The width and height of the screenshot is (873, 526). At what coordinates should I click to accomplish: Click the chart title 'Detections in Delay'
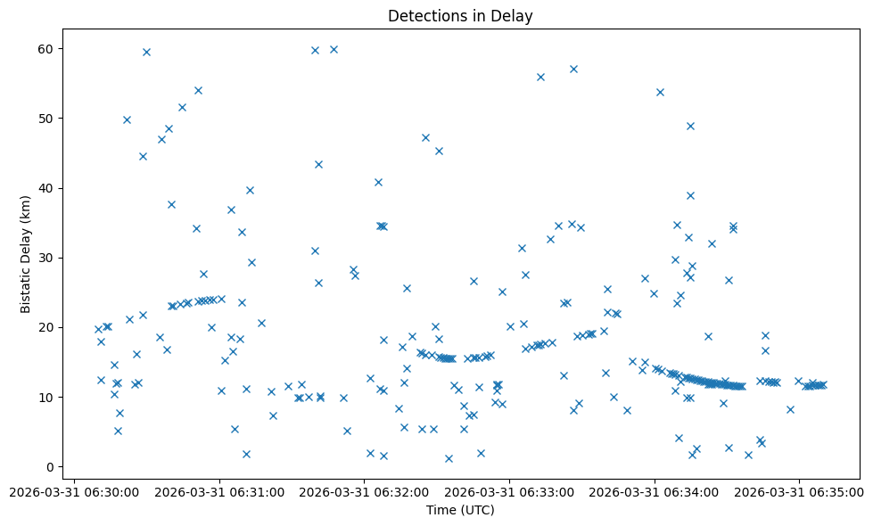pyautogui.click(x=460, y=16)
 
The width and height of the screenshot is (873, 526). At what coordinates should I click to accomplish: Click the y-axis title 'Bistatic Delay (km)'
pyautogui.click(x=26, y=254)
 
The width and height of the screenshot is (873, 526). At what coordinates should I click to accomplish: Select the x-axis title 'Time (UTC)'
pyautogui.click(x=460, y=510)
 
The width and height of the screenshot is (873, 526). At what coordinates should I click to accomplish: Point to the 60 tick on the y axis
pyautogui.click(x=47, y=48)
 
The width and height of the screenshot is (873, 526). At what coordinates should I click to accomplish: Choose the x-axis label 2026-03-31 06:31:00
pyautogui.click(x=221, y=491)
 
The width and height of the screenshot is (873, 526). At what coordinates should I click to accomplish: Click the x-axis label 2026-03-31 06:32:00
pyautogui.click(x=366, y=491)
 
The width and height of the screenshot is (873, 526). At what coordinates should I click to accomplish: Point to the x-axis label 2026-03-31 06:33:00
pyautogui.click(x=510, y=491)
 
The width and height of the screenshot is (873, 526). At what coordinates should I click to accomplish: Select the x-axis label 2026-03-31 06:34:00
pyautogui.click(x=655, y=491)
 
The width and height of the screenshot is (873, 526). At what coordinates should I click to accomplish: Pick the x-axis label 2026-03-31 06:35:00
pyautogui.click(x=799, y=491)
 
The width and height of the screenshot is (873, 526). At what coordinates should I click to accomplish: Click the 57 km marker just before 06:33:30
pyautogui.click(x=573, y=69)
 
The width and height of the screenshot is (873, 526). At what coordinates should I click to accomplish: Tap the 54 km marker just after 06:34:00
pyautogui.click(x=660, y=92)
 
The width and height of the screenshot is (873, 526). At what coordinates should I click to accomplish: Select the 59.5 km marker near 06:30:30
pyautogui.click(x=146, y=52)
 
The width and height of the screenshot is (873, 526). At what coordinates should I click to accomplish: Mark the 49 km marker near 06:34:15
pyautogui.click(x=690, y=126)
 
